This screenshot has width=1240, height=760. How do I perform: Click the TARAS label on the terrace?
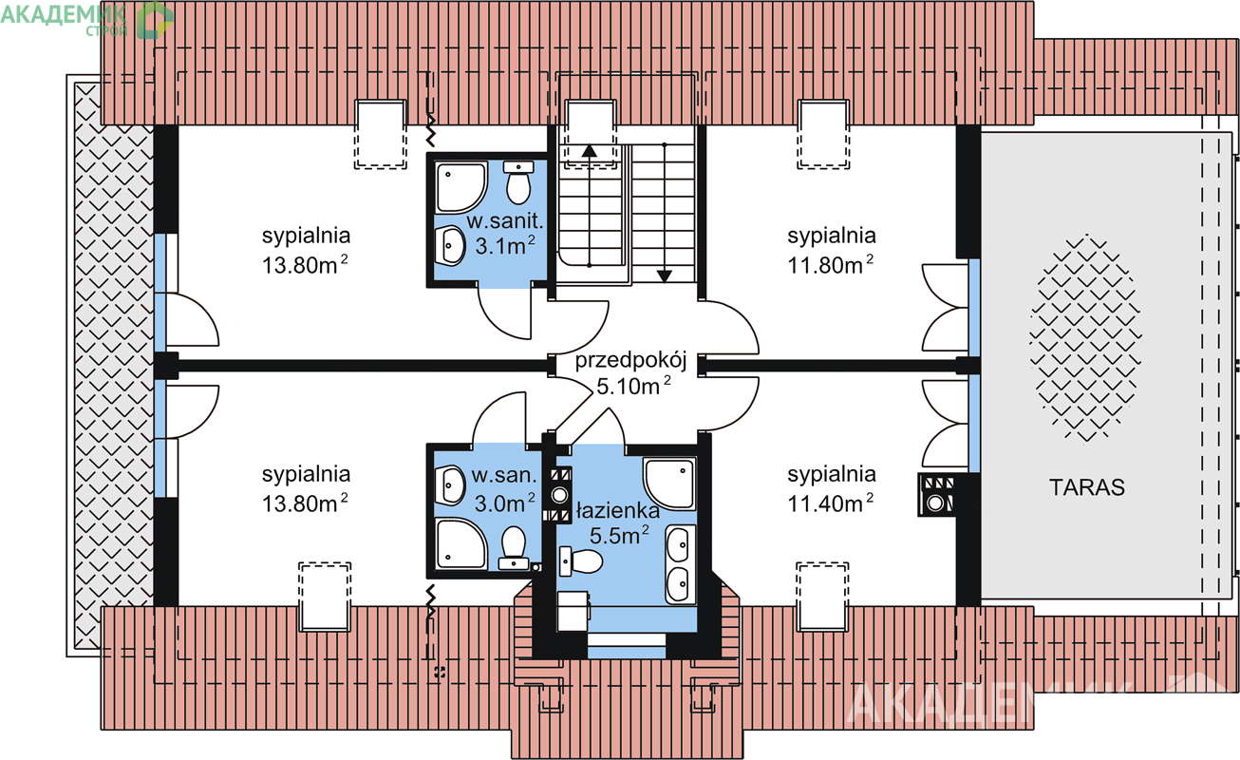tap(1087, 487)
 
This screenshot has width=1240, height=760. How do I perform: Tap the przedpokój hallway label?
tap(631, 361)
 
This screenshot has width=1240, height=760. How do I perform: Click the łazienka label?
tap(618, 511)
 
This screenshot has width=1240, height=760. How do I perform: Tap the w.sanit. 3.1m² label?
tap(505, 234)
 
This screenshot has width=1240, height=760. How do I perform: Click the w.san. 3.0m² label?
tap(505, 490)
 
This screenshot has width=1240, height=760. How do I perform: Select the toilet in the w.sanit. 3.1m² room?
tap(518, 182)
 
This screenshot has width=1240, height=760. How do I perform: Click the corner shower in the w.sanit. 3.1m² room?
tap(461, 188)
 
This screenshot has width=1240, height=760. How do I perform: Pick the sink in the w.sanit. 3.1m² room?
tap(450, 246)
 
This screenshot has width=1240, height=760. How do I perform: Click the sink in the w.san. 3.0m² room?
tap(450, 485)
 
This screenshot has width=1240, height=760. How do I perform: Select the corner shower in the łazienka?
tap(668, 484)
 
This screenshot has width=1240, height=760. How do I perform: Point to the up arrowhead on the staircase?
tap(589, 150)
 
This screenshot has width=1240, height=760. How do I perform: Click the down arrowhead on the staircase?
tap(665, 275)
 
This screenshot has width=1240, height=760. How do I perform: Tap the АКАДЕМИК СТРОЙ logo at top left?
tap(87, 20)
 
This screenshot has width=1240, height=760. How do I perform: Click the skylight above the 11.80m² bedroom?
tap(823, 134)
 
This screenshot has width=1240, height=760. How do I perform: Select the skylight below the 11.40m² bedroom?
tap(822, 598)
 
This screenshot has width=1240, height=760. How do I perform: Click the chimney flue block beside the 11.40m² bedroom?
tap(936, 494)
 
